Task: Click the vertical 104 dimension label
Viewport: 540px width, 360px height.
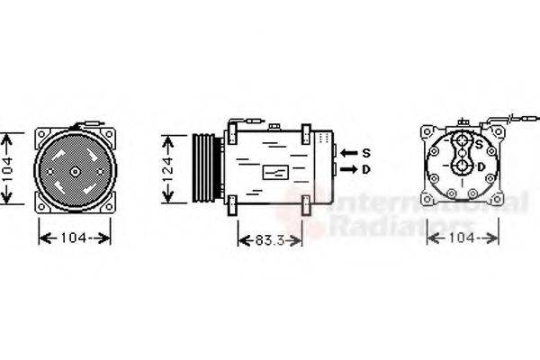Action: tap(8, 171)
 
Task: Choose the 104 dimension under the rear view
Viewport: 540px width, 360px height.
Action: tap(462, 238)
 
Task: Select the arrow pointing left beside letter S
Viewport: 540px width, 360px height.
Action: tap(348, 151)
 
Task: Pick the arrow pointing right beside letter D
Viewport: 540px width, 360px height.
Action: tap(348, 168)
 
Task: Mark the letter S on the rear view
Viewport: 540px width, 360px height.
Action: tap(479, 145)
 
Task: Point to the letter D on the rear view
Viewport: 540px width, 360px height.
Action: tap(481, 166)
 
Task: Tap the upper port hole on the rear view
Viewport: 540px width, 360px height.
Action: tap(463, 141)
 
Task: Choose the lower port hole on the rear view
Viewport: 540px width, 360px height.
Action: tap(463, 166)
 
